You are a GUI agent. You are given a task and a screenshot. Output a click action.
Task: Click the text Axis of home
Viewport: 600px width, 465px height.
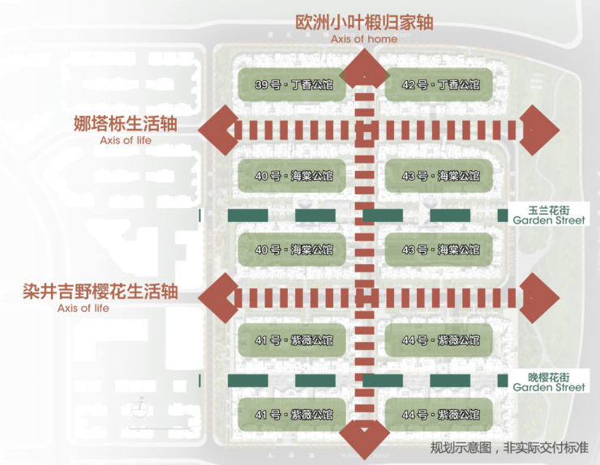[364, 39]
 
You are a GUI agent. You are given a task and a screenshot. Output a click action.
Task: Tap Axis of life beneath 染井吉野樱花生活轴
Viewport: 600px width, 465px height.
[84, 308]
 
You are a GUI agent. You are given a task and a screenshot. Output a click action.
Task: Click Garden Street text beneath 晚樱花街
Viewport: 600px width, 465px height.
[549, 387]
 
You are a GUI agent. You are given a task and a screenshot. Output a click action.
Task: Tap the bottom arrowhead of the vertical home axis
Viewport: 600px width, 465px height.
[364, 436]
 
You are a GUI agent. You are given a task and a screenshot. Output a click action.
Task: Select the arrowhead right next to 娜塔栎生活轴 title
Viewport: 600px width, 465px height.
[218, 130]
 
